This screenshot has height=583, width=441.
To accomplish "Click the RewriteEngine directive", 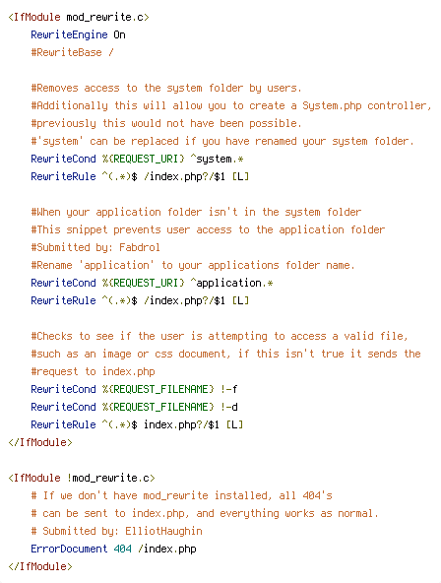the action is tap(69, 34).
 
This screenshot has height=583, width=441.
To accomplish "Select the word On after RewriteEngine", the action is tap(120, 34).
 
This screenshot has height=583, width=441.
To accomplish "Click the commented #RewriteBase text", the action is tap(66, 52).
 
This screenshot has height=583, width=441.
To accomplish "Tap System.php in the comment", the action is tap(332, 106).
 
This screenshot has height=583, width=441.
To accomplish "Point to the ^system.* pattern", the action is tap(217, 160).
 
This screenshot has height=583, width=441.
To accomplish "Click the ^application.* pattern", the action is tap(232, 284).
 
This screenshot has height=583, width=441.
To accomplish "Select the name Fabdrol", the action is tap(140, 247).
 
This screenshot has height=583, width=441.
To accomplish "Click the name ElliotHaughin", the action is tap(163, 531).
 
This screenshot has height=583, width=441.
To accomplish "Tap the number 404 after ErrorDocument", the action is tap(123, 549).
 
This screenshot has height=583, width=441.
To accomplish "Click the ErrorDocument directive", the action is tap(69, 549).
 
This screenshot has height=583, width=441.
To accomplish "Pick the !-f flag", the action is tap(228, 389).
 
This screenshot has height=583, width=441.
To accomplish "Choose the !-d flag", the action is tap(228, 407).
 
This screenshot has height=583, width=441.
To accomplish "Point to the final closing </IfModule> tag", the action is tap(40, 566).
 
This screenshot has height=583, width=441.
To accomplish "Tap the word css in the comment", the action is tap(163, 354).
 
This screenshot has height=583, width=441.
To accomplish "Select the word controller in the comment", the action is tap(397, 106).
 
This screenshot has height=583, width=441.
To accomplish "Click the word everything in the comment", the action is tap(249, 513).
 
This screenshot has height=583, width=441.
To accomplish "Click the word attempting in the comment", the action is tap(237, 337).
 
